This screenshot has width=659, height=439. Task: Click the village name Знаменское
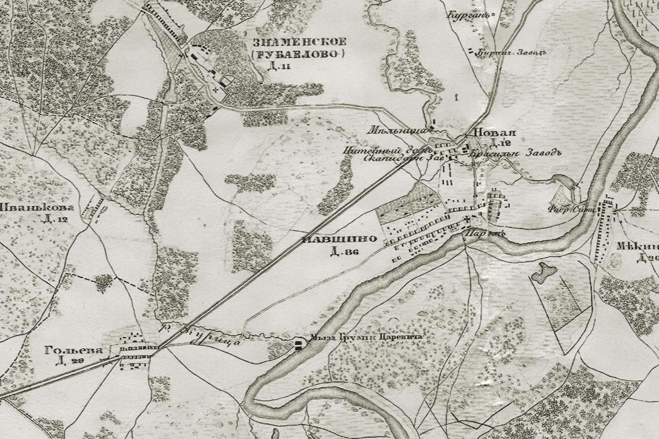[x=298, y=43]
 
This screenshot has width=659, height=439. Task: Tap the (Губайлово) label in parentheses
[x=298, y=55]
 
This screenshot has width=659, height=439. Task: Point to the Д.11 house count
[x=274, y=67]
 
